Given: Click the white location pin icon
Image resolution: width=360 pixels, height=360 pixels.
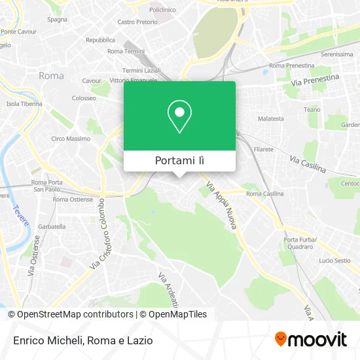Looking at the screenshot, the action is pos(179,117).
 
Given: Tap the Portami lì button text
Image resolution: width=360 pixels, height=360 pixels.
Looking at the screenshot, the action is pos(179,161).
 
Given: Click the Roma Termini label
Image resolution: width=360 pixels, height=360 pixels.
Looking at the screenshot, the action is pos(125,51).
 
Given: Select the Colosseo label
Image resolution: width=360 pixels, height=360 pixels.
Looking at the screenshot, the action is pos(84,98).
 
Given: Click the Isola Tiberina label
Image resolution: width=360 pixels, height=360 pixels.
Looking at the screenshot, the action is pos(24,104).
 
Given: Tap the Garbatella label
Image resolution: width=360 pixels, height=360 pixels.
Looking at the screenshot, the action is pos(52,226).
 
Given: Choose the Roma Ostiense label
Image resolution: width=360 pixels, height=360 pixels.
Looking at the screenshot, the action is pos(73,199).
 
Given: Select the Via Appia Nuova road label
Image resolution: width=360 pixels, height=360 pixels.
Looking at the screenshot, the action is pos(221,206).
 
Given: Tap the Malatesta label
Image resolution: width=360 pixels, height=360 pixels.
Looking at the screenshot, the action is pos(271,118).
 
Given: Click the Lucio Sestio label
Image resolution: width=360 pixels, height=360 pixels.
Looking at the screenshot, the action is pos(334,261).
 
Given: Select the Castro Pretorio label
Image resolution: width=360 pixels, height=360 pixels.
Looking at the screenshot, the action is pos(137,22).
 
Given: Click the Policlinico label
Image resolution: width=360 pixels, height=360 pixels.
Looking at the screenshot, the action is pos(162,10).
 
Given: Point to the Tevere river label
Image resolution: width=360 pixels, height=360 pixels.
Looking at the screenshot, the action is pos(21,215).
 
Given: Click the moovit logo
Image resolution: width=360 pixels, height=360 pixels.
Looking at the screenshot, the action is pos(311,340).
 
